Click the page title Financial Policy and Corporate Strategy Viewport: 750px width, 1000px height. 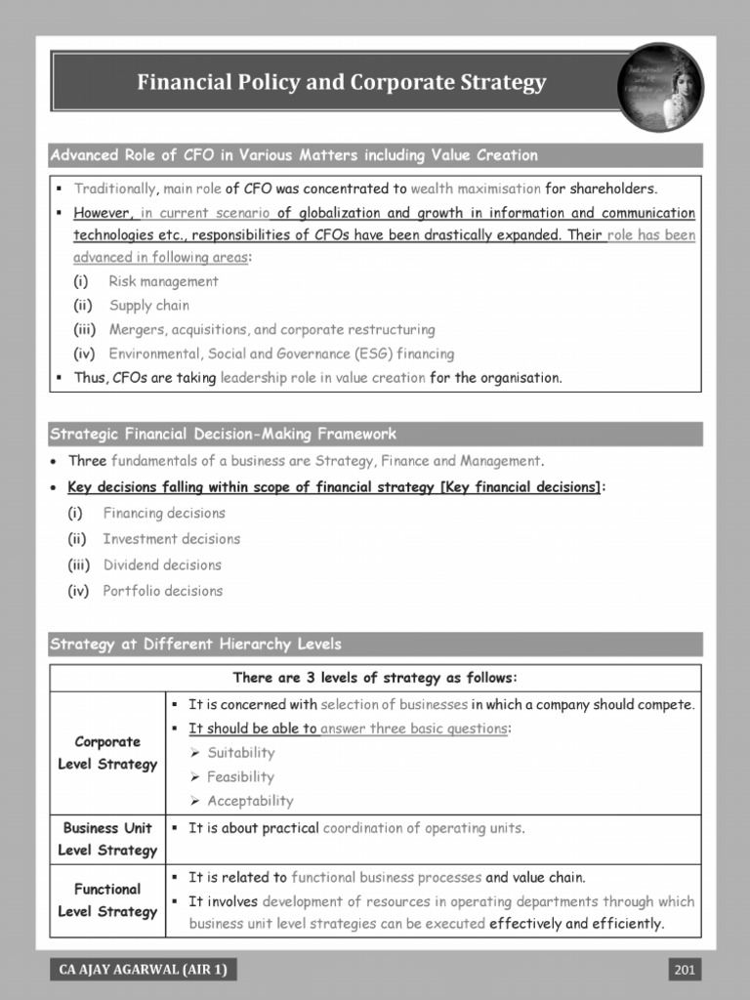click(x=341, y=83)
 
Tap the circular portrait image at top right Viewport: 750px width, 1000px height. click(x=660, y=87)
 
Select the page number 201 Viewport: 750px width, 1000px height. click(x=685, y=969)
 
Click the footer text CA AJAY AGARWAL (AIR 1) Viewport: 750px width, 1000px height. click(x=146, y=969)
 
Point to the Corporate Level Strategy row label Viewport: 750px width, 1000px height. click(x=107, y=753)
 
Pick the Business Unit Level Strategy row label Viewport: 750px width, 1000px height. click(x=107, y=839)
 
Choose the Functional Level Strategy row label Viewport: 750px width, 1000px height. click(x=107, y=900)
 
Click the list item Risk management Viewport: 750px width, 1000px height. click(x=163, y=281)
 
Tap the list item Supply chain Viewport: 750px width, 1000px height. click(x=148, y=306)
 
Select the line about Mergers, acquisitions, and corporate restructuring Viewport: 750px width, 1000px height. click(x=271, y=330)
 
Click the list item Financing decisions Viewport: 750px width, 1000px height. click(x=163, y=513)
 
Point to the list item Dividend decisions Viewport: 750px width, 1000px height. click(x=162, y=564)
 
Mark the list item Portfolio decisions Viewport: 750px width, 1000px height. click(x=162, y=591)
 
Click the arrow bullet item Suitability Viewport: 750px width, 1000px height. click(x=240, y=753)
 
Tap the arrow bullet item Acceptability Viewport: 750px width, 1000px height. click(x=249, y=801)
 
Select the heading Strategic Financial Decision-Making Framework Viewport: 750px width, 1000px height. click(x=223, y=435)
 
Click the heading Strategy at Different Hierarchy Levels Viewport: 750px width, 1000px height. click(x=195, y=645)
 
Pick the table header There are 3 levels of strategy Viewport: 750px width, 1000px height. click(x=375, y=678)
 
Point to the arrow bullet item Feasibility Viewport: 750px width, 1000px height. click(x=240, y=777)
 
